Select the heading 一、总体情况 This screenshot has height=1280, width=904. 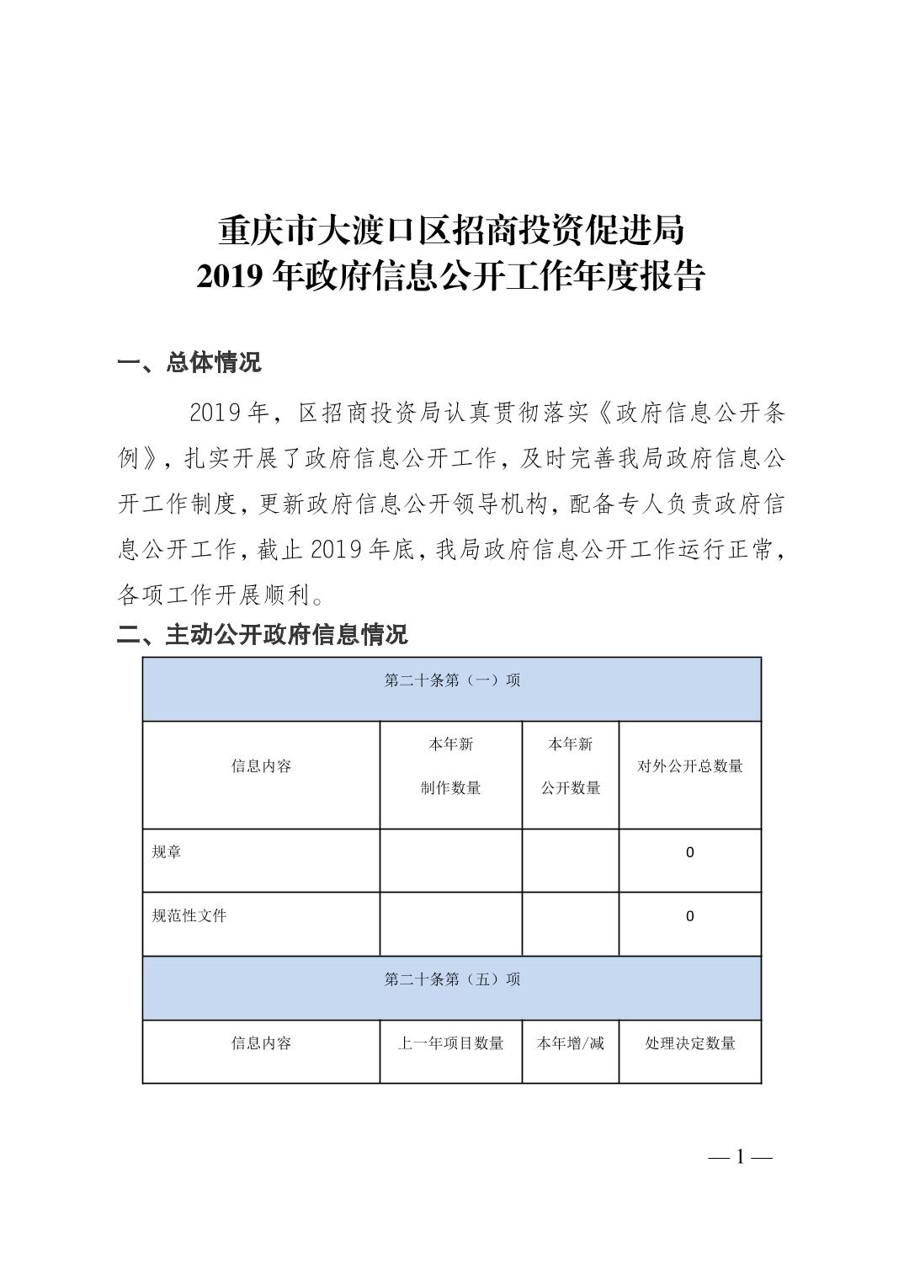(189, 362)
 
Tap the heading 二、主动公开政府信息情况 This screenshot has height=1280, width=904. (262, 634)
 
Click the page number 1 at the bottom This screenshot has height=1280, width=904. (741, 1157)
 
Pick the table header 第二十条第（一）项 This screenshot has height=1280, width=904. (452, 680)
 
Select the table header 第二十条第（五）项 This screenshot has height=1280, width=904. (452, 979)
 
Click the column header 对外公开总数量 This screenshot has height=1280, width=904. (690, 766)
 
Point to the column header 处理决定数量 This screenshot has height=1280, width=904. (690, 1043)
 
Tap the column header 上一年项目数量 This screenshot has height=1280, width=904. (451, 1043)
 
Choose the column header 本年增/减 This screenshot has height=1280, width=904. (571, 1043)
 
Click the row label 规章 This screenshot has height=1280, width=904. (167, 852)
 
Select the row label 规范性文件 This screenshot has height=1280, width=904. (189, 915)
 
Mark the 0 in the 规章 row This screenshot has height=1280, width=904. (690, 852)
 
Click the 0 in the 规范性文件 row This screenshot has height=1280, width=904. (690, 916)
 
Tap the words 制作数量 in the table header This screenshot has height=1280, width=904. (451, 788)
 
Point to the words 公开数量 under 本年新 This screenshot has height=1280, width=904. (571, 788)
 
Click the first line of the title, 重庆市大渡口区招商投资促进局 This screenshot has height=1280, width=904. (451, 230)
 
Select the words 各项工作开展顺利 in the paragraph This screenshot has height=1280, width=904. (214, 596)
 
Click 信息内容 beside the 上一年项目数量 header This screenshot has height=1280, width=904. (261, 1043)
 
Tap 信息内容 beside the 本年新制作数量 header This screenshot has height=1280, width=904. (261, 766)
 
